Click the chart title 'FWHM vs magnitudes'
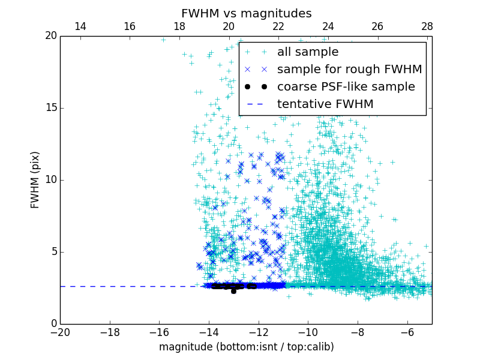(x=246, y=13)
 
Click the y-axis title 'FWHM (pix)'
(x=35, y=180)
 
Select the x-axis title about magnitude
(x=246, y=347)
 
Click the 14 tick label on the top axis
(x=80, y=26)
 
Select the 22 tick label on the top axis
(x=278, y=26)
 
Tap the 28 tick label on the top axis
(x=427, y=26)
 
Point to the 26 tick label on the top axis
(x=377, y=26)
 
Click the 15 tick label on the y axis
(x=50, y=108)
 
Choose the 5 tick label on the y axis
(x=53, y=252)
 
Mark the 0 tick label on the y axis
(x=53, y=324)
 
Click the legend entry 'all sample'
(x=308, y=52)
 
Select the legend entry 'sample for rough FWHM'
(x=349, y=70)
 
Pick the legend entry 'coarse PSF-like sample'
(x=346, y=87)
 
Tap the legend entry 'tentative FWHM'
(x=325, y=104)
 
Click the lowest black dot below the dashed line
(x=233, y=291)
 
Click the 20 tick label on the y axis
(x=50, y=36)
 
